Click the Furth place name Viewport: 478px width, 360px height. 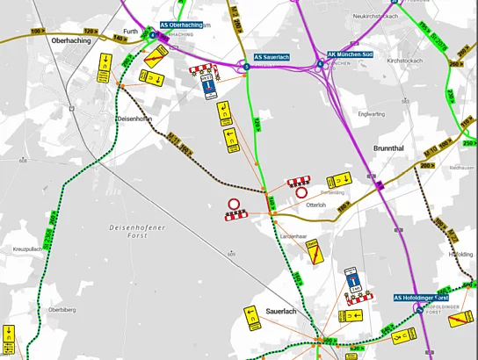click(131, 32)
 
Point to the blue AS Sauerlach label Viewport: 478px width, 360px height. click(272, 58)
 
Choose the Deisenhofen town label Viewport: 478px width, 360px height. click(135, 117)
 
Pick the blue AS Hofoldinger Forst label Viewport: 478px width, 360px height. click(426, 297)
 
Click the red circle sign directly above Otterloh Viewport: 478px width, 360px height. click(301, 191)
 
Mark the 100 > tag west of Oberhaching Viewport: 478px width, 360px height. click(38, 31)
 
